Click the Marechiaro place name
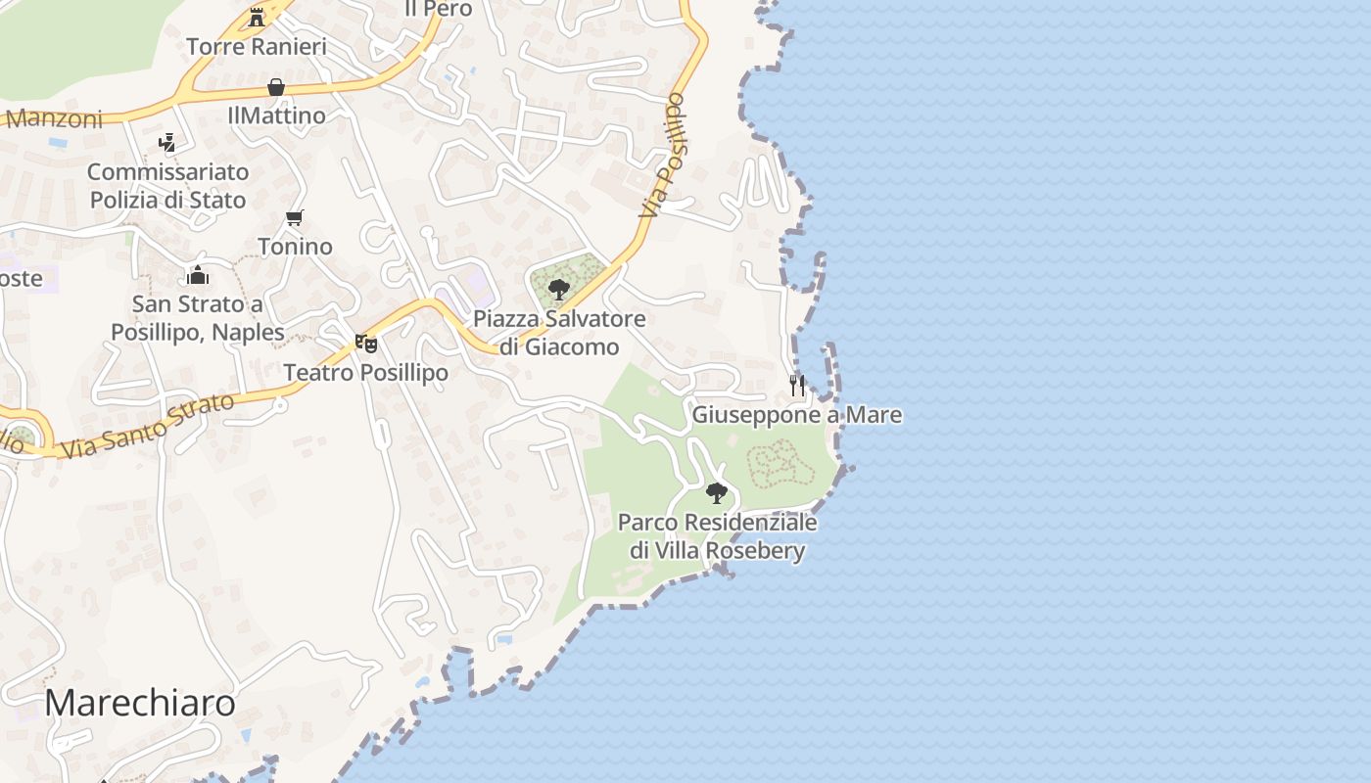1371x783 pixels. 140,703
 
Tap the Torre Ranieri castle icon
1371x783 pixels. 257,17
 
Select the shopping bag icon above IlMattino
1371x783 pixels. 276,87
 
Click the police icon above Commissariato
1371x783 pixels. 167,143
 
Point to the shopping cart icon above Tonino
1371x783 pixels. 295,217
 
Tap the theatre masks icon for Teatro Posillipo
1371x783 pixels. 366,344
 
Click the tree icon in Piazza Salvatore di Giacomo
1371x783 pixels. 559,289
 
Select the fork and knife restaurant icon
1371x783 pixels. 797,385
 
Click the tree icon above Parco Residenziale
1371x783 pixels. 717,492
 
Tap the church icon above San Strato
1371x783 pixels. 198,275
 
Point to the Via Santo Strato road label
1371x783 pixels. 147,426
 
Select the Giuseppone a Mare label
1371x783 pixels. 797,415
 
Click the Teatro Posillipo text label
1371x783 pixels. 365,373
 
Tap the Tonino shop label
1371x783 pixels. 295,246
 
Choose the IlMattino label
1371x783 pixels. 276,115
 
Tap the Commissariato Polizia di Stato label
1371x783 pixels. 167,186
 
